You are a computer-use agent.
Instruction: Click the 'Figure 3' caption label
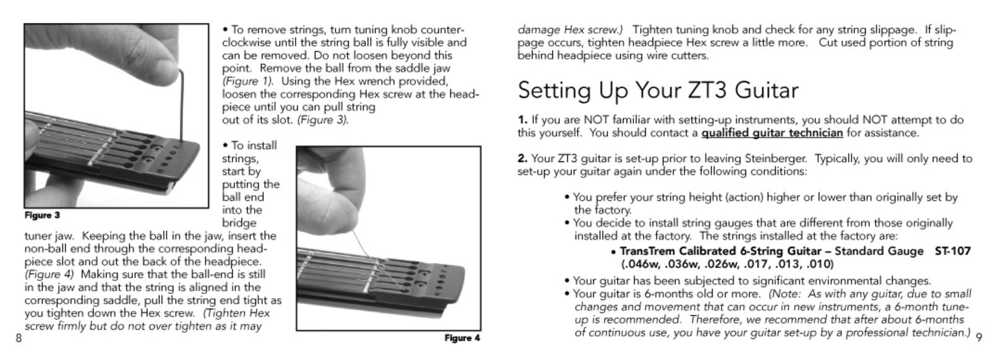pos(42,215)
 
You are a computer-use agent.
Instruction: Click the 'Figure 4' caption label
pos(462,338)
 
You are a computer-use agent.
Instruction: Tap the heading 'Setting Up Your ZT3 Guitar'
pos(658,90)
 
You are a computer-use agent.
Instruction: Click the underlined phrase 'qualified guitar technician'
pos(772,133)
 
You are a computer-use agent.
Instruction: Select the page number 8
pos(19,338)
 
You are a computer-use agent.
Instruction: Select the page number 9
pos(979,338)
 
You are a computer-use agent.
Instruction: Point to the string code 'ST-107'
pos(952,251)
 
